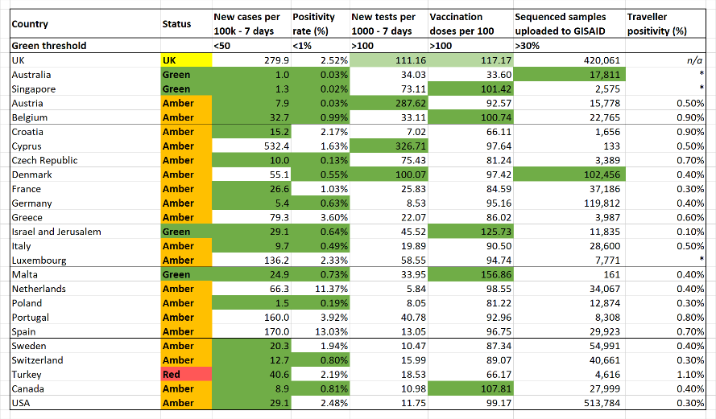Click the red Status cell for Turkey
(186, 374)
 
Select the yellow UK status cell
(186, 60)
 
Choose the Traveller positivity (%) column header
(656, 23)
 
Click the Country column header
(30, 23)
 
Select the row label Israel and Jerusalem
(56, 232)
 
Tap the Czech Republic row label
(45, 161)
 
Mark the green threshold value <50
(222, 46)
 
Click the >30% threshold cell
(528, 46)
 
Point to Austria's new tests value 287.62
(411, 104)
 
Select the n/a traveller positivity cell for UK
(694, 60)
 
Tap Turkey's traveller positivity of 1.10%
(690, 374)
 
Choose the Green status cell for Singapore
(176, 89)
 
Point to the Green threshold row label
(49, 46)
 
